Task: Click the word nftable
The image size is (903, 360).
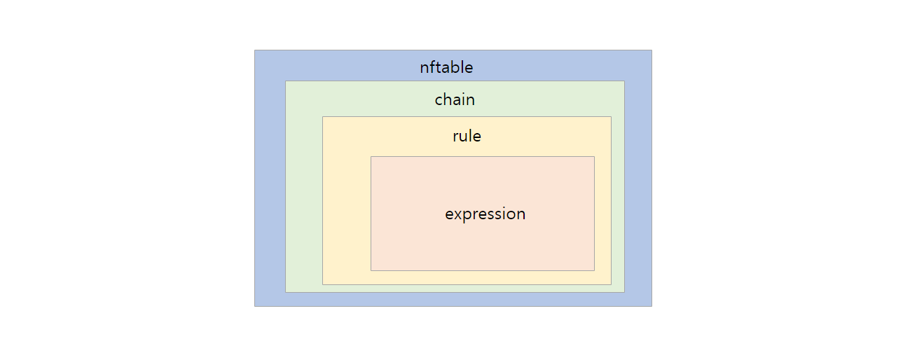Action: tap(446, 67)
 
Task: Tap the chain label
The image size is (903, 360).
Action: tap(455, 99)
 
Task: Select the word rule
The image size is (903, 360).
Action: tap(467, 136)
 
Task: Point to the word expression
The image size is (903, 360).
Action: tap(485, 214)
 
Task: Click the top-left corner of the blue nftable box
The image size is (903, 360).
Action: tap(255, 50)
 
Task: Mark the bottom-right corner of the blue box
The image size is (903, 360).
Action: tap(652, 306)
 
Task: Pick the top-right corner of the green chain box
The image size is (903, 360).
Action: tap(624, 81)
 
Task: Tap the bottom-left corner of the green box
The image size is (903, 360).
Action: tap(286, 292)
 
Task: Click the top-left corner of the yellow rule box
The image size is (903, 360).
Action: tap(323, 117)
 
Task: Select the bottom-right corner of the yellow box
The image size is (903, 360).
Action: tap(611, 284)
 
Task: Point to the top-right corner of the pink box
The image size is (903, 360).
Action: tap(594, 157)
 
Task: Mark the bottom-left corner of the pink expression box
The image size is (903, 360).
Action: tap(371, 270)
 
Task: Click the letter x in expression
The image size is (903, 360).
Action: tap(458, 214)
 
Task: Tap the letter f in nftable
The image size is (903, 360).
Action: tap(433, 67)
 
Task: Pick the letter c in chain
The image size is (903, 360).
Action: tap(439, 101)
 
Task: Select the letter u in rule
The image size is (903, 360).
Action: tap(464, 137)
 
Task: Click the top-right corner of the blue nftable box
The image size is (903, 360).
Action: tap(652, 50)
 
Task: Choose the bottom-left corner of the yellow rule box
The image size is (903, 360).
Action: tap(323, 284)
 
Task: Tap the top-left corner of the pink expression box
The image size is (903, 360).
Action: tap(371, 157)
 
